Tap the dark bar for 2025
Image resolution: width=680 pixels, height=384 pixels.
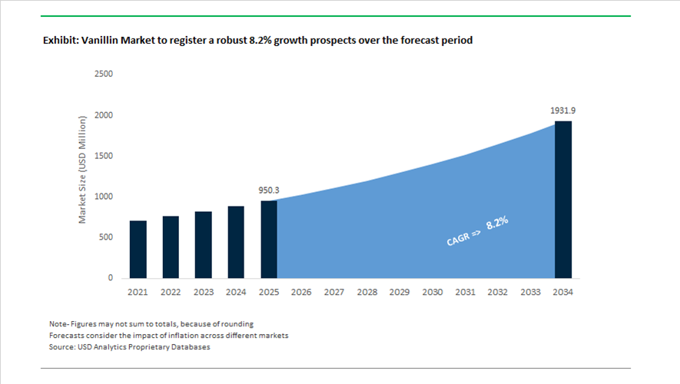pos(268,239)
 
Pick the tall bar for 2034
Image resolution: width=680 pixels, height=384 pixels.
pos(563,199)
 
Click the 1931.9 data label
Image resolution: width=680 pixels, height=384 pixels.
pos(563,111)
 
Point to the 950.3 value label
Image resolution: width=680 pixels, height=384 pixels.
pos(269,189)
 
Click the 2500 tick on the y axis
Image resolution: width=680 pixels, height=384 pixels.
pos(103,74)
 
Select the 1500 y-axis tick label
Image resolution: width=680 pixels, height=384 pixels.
pos(103,156)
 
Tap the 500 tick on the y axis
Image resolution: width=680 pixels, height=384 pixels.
pos(106,237)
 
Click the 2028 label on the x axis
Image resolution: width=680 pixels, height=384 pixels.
pos(367,293)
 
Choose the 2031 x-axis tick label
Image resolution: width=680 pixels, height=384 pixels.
pos(465,293)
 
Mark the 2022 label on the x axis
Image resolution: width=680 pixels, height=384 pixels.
pos(171,293)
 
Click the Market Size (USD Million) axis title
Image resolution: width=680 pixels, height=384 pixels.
pos(83,170)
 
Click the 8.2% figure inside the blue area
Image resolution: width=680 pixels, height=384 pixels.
pos(498,224)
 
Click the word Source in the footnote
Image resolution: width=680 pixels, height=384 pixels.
pos(63,347)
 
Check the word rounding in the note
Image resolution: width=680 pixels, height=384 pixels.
pos(236,323)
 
